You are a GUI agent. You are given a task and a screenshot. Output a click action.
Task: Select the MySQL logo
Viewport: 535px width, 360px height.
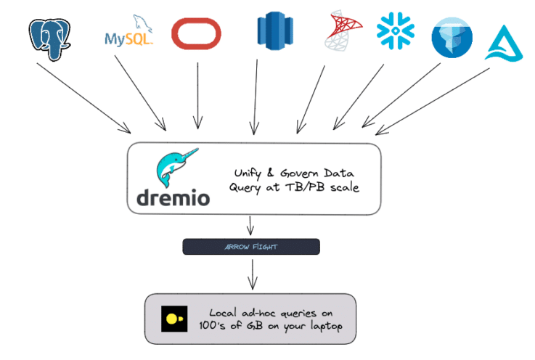pos(128,34)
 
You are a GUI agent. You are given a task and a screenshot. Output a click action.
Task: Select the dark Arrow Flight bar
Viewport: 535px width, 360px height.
pos(250,247)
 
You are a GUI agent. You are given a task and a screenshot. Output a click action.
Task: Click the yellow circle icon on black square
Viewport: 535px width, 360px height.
pos(173,319)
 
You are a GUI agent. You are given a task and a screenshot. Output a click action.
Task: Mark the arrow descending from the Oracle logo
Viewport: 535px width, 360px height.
pos(197,94)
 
